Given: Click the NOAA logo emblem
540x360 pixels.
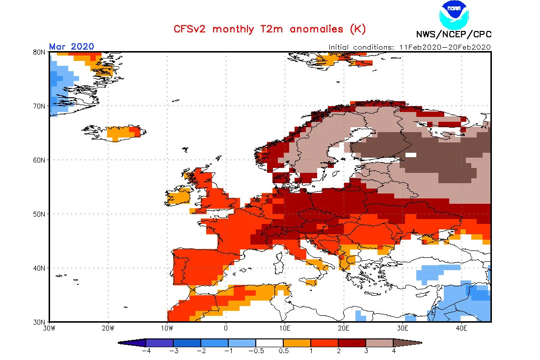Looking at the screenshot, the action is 454,14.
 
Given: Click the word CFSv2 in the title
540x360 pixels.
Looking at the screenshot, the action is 189,29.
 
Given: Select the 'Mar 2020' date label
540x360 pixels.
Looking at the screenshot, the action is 71,47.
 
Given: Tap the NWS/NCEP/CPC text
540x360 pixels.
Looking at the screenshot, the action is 454,34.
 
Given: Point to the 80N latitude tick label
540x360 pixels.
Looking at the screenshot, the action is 39,53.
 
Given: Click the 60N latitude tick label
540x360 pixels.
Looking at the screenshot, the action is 39,160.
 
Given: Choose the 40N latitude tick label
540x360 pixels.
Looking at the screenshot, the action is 39,268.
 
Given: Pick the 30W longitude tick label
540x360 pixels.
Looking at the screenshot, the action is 49,328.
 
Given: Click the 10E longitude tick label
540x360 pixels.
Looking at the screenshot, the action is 285,328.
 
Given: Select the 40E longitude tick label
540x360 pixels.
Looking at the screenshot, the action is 461,328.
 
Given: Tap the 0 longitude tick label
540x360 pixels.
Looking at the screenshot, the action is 226,328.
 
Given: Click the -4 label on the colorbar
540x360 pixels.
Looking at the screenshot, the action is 146,351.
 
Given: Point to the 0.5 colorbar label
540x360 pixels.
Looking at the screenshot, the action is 283,351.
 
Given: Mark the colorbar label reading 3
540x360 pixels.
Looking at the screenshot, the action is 366,351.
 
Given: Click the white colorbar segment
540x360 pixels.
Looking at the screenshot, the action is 270,343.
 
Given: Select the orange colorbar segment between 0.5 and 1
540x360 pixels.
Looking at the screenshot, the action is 297,343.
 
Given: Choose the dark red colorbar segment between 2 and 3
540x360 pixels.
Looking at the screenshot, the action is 352,343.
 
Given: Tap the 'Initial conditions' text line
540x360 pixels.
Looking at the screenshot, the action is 409,47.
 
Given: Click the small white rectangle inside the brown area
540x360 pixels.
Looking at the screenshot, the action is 411,155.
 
